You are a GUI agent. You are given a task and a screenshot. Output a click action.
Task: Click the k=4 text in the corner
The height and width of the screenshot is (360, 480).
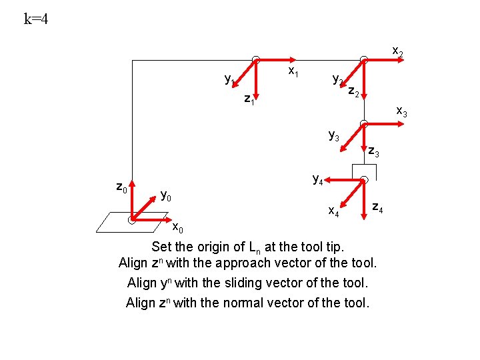[36, 19]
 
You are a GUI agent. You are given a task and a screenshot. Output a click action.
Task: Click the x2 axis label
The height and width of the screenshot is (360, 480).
[397, 51]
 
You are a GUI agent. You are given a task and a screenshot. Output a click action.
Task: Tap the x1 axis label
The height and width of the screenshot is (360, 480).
[293, 71]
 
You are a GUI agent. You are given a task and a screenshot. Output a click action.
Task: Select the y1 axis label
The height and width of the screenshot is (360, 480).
[229, 80]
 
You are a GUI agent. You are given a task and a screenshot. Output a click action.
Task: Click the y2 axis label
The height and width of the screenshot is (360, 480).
[338, 80]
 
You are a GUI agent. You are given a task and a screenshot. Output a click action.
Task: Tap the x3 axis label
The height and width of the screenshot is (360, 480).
[401, 111]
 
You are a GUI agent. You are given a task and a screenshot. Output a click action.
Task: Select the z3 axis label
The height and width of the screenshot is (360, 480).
[374, 153]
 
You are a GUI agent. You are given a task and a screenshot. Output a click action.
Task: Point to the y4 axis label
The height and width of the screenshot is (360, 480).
[319, 179]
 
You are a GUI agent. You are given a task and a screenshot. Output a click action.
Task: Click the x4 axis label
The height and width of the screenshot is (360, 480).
[334, 212]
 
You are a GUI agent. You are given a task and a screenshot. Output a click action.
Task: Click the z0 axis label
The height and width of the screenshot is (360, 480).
[121, 187]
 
